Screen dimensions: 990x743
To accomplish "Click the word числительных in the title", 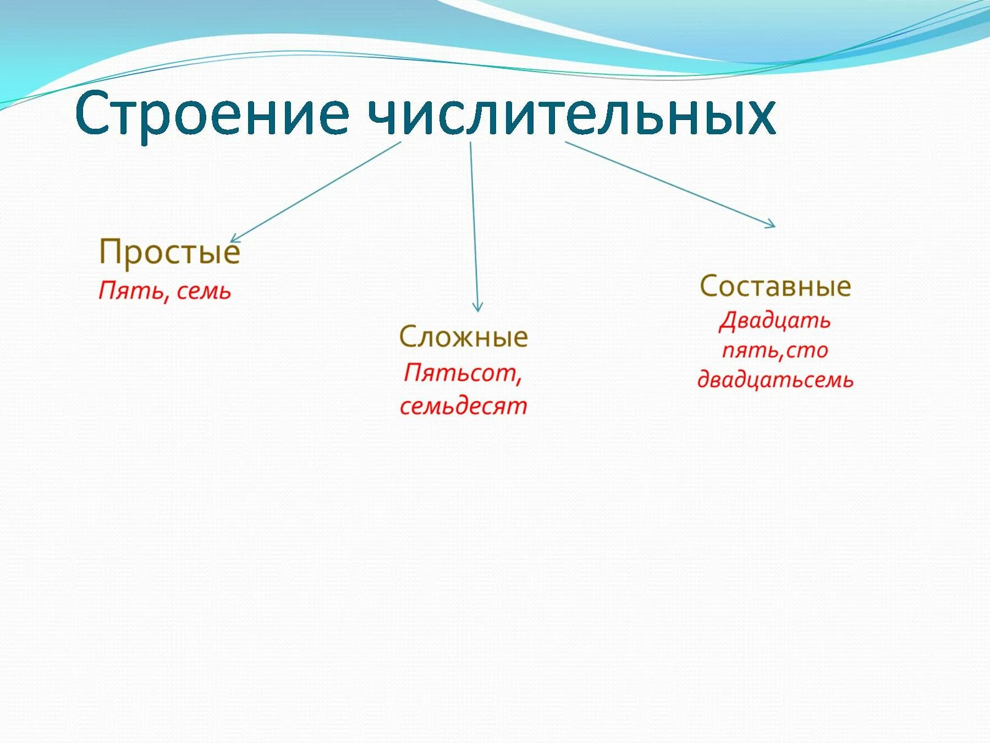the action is (571, 114).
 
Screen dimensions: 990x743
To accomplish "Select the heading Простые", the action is (169, 253).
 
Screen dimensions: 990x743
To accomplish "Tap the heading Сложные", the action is (463, 336).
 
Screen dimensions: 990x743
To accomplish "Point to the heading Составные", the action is (775, 286).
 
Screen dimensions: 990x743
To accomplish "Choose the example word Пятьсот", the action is (459, 373).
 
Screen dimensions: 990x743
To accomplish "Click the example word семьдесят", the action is (463, 406).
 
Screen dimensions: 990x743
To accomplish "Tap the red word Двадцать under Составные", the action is (774, 321).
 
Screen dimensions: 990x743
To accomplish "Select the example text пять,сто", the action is (774, 351).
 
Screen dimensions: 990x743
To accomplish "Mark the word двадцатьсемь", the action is (776, 380).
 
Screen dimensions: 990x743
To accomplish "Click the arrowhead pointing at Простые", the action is (234, 239).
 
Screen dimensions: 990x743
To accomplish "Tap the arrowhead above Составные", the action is (771, 223).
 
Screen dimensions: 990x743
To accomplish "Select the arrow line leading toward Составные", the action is (670, 184).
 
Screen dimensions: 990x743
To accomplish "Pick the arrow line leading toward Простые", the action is (315, 192).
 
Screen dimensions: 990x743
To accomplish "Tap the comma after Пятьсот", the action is (519, 380).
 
